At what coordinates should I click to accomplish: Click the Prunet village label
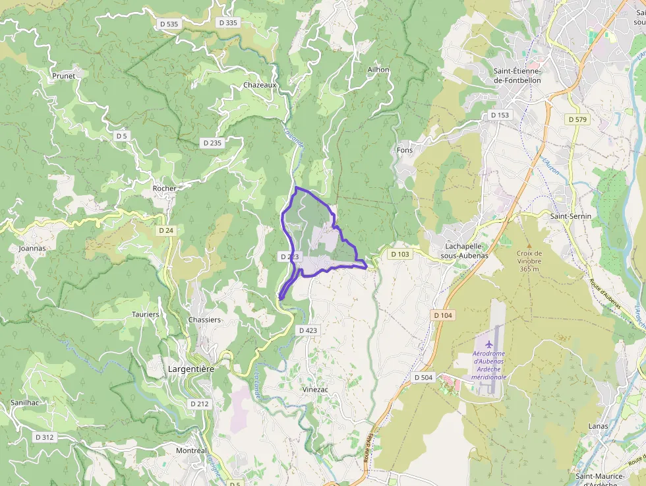[64, 76]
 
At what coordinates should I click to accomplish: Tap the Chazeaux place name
[260, 85]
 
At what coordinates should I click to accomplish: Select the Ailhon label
[378, 69]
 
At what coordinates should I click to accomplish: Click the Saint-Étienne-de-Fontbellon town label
[517, 76]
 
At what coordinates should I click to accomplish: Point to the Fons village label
[405, 150]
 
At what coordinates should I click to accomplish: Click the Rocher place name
[164, 188]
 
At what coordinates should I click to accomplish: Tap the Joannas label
[32, 249]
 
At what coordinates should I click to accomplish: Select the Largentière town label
[191, 369]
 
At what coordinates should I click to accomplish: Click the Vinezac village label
[315, 389]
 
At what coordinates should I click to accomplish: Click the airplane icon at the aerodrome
[488, 344]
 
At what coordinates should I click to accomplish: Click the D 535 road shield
[169, 24]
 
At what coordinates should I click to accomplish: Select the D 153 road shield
[500, 115]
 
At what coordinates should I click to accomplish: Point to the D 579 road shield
[578, 119]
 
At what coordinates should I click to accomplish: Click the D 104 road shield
[444, 315]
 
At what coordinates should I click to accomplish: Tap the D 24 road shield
[166, 231]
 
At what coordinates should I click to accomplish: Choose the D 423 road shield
[308, 330]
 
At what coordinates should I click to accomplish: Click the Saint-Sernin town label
[571, 216]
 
